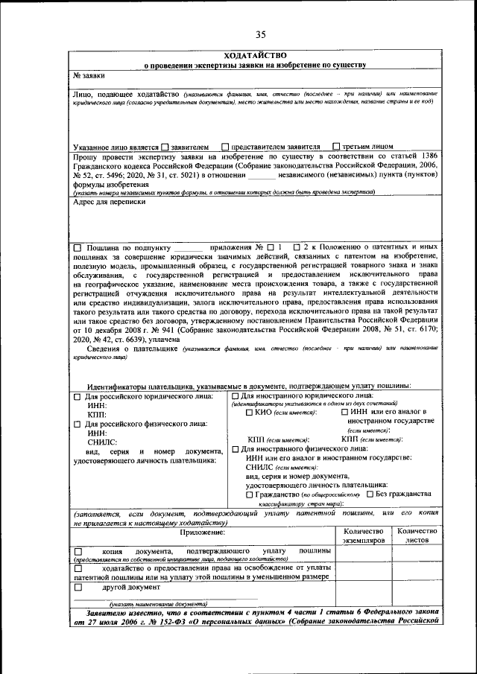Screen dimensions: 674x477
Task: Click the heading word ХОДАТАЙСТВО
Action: pyautogui.click(x=255, y=56)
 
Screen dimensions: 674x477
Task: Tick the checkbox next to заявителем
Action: pyautogui.click(x=165, y=147)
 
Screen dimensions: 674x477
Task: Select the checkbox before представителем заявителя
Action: pyautogui.click(x=224, y=147)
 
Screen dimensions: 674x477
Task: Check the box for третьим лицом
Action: pyautogui.click(x=337, y=147)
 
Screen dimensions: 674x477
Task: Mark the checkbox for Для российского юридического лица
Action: pyautogui.click(x=78, y=398)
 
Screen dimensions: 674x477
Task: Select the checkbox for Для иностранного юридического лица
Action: pyautogui.click(x=236, y=395)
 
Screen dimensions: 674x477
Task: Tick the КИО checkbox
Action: pyautogui.click(x=249, y=412)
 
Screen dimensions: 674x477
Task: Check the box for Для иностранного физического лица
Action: pyautogui.click(x=236, y=449)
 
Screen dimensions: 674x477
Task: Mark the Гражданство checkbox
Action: pyautogui.click(x=249, y=495)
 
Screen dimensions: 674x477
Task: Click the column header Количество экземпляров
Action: pyautogui.click(x=361, y=535)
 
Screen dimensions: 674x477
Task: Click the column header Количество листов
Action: pyautogui.click(x=417, y=535)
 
